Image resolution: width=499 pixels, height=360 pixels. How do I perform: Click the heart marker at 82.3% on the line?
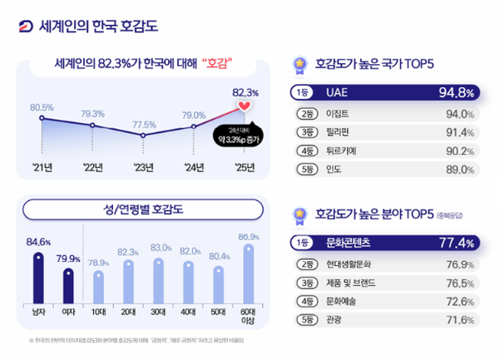click(x=245, y=107)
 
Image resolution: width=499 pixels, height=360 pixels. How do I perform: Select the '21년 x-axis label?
click(x=42, y=166)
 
